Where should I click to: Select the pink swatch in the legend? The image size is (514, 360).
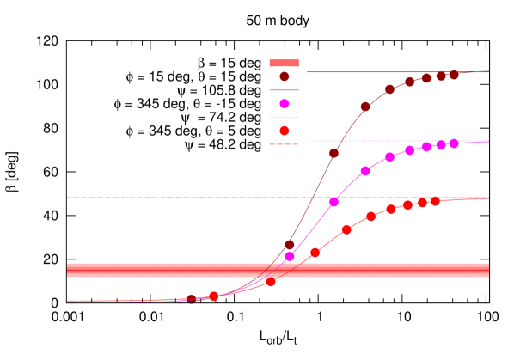[285, 63]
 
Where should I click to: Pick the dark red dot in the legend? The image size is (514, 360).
[285, 76]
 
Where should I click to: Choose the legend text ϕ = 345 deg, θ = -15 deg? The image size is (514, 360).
[187, 104]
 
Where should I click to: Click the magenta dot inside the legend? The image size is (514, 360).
[285, 104]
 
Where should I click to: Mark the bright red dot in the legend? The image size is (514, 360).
[285, 131]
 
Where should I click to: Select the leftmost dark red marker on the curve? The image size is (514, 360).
[193, 299]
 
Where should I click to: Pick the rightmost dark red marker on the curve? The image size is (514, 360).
[454, 75]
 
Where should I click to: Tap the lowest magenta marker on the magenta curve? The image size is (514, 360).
[290, 256]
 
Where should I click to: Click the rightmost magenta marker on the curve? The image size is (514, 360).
[454, 143]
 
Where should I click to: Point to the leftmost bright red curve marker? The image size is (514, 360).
[213, 296]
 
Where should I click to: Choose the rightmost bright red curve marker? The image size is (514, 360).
[436, 201]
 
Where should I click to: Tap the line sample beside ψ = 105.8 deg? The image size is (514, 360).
[285, 90]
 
